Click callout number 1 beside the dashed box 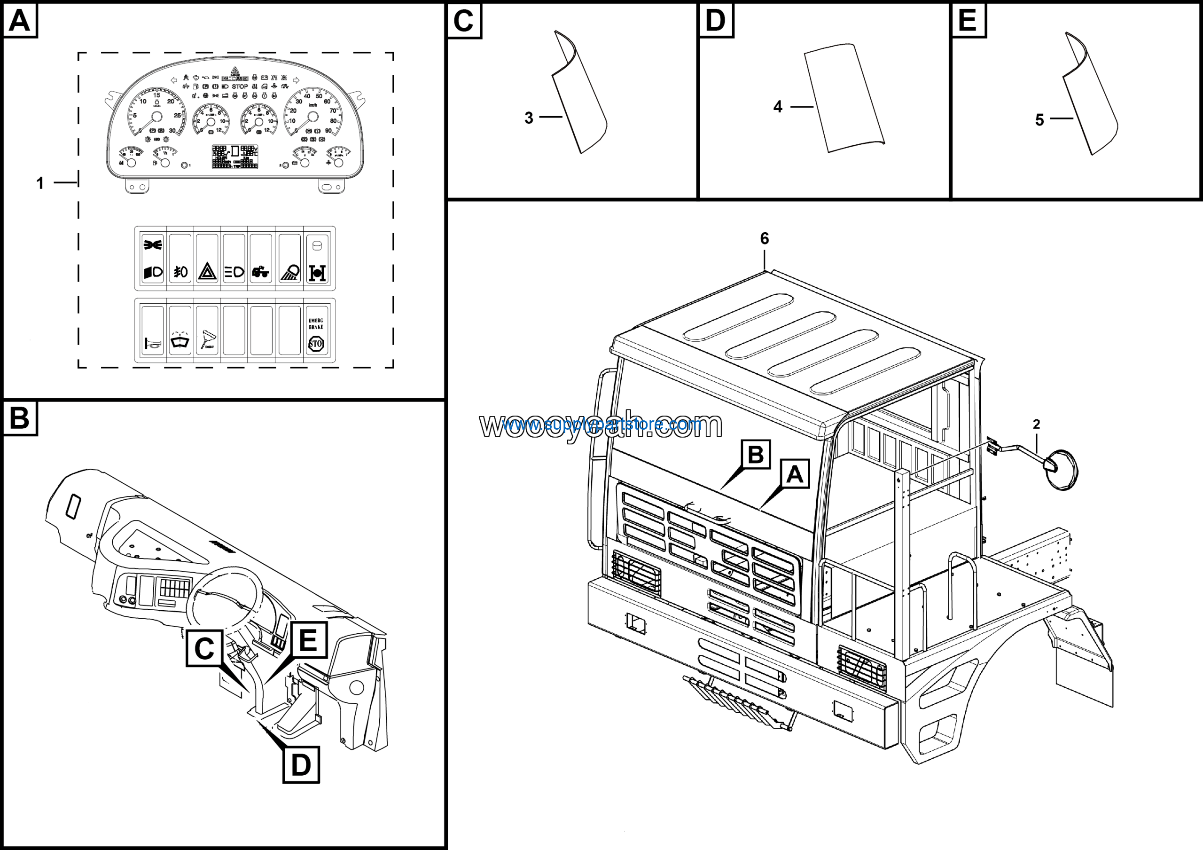pyautogui.click(x=40, y=183)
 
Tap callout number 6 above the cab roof pyautogui.click(x=765, y=239)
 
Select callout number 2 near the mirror pyautogui.click(x=1036, y=425)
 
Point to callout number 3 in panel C pyautogui.click(x=529, y=118)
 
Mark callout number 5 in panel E pyautogui.click(x=1039, y=120)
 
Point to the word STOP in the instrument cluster pyautogui.click(x=240, y=87)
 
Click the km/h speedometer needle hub pyautogui.click(x=313, y=116)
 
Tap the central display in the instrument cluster pyautogui.click(x=235, y=156)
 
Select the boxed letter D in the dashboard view pyautogui.click(x=301, y=765)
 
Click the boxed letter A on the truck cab pyautogui.click(x=795, y=474)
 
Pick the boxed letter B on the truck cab pyautogui.click(x=756, y=454)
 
